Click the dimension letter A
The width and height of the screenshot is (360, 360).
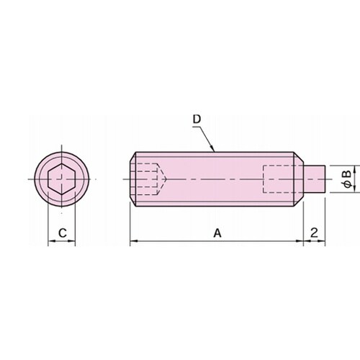pos(217,233)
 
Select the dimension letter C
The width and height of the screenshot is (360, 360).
pos(63,233)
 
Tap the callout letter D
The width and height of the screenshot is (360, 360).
pos(197,120)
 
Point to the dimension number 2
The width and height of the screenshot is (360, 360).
pos(314,233)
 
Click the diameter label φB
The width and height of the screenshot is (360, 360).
pos(347,179)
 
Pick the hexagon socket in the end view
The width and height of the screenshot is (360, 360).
pos(62,179)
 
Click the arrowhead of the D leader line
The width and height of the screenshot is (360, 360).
pos(212,148)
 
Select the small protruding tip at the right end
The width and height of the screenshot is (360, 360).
pos(315,179)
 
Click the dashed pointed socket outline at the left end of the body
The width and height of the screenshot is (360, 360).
pos(148,179)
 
